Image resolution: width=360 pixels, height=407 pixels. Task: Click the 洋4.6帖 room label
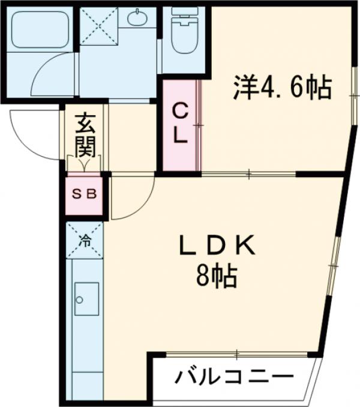click(282, 89)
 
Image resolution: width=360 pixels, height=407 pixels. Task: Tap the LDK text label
click(218, 245)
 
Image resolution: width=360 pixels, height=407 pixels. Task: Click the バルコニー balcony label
click(234, 378)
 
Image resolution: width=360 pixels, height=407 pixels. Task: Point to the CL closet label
click(181, 122)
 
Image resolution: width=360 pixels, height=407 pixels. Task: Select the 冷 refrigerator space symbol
click(85, 240)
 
